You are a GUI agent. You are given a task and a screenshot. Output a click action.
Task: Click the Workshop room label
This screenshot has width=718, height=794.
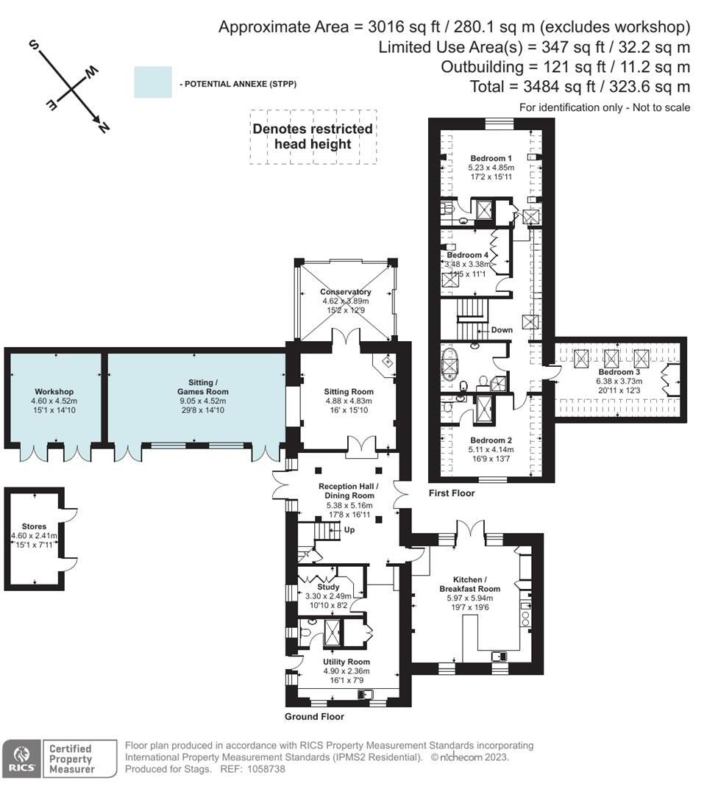pyautogui.click(x=54, y=391)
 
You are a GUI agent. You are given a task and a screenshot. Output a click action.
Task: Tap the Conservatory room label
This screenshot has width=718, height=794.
pyautogui.click(x=345, y=292)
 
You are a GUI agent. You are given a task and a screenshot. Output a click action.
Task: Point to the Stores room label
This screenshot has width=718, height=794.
pyautogui.click(x=34, y=526)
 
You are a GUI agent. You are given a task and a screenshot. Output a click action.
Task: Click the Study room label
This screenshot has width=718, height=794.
pyautogui.click(x=327, y=587)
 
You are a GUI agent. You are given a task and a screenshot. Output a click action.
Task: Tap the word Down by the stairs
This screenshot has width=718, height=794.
pyautogui.click(x=502, y=330)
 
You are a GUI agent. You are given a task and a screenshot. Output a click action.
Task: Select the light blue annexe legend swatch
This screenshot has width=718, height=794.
pyautogui.click(x=152, y=82)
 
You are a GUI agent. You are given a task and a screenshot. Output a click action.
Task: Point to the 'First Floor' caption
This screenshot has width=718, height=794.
pyautogui.click(x=452, y=493)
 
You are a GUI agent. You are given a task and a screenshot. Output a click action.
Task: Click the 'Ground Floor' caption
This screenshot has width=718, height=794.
pyautogui.click(x=314, y=717)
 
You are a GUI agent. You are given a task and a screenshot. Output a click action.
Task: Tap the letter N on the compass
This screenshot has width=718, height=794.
pyautogui.click(x=104, y=128)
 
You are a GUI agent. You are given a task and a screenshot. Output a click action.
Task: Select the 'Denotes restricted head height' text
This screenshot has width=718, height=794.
pyautogui.click(x=313, y=136)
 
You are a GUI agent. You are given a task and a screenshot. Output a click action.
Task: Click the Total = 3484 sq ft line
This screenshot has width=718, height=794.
pyautogui.click(x=580, y=87)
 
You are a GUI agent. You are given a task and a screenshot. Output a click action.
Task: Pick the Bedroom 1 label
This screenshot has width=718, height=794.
pyautogui.click(x=491, y=158)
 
